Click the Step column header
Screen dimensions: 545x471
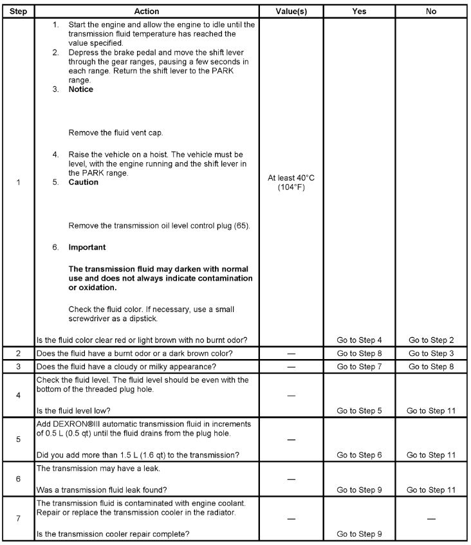(x=18, y=12)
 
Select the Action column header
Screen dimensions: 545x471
(x=147, y=12)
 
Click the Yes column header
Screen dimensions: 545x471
(x=359, y=12)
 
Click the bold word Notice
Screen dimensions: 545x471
(x=81, y=89)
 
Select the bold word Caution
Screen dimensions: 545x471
(x=84, y=182)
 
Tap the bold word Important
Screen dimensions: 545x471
(x=88, y=247)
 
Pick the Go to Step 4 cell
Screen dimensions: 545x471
(x=359, y=340)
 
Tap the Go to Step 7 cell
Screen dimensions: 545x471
(x=359, y=367)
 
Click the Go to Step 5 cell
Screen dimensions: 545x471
(x=359, y=410)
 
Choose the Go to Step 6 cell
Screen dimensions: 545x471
(x=359, y=456)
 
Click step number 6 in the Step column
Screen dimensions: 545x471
(x=18, y=479)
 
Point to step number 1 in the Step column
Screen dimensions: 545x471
(x=18, y=182)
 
